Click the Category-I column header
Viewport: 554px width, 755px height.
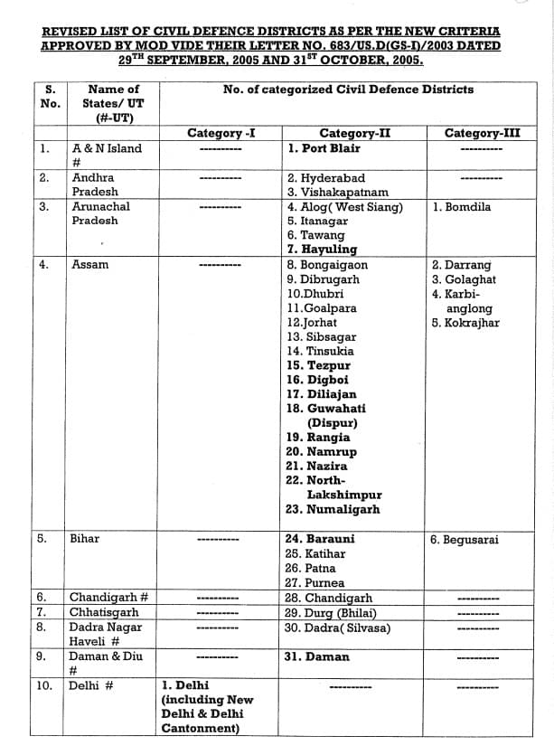221,134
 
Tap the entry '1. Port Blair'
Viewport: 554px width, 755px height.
324,148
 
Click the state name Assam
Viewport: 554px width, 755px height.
89,265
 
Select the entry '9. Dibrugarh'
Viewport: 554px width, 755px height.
323,279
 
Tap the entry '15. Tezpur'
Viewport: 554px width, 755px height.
318,365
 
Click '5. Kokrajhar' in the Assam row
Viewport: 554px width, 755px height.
465,323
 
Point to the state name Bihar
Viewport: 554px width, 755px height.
85,539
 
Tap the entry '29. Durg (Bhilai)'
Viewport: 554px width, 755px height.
330,613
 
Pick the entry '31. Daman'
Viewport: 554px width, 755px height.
316,656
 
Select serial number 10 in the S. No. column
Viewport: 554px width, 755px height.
44,685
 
